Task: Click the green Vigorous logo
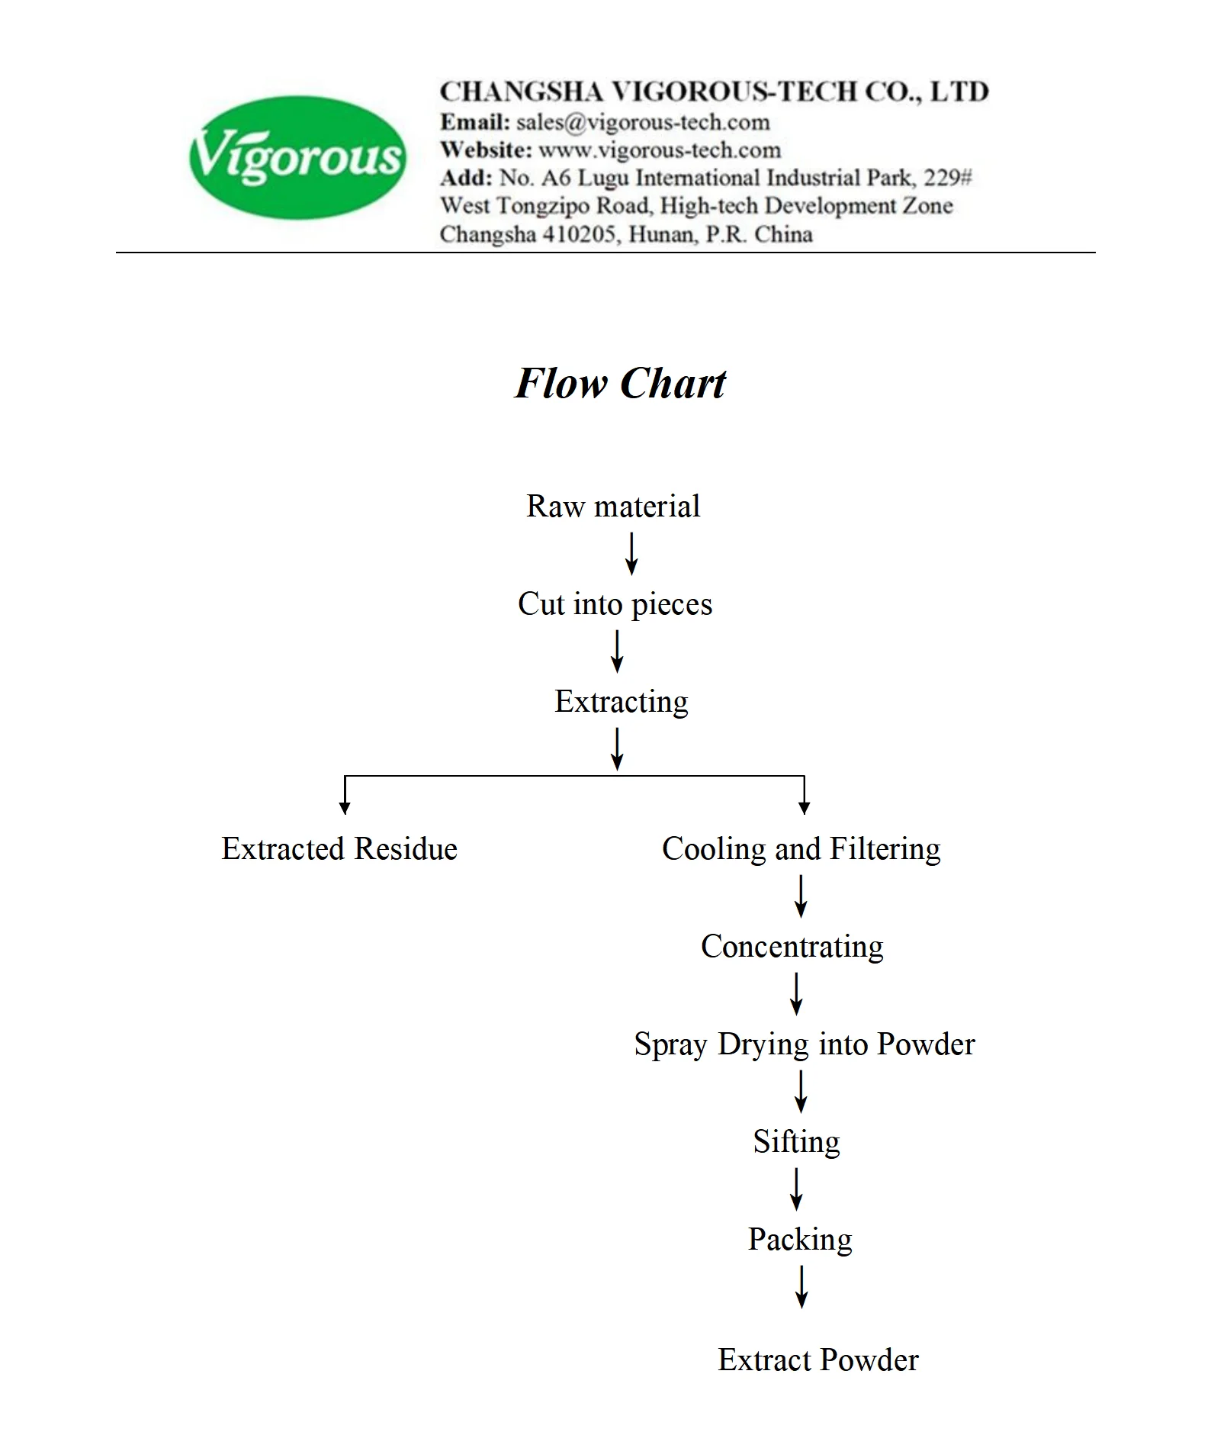click(297, 157)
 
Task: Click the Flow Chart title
click(620, 383)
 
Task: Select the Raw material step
click(613, 507)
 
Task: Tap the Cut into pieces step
click(615, 604)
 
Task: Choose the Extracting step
click(621, 702)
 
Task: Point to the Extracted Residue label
click(339, 849)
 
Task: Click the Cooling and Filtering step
click(801, 849)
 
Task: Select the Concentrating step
click(792, 947)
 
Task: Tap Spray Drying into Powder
click(804, 1044)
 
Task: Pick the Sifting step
click(796, 1142)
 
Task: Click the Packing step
click(799, 1240)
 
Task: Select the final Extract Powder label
click(818, 1360)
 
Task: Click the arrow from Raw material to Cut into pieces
click(631, 554)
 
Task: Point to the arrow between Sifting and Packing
click(797, 1189)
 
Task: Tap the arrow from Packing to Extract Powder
click(801, 1287)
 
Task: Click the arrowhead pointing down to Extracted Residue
click(345, 807)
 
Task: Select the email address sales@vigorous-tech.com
click(643, 122)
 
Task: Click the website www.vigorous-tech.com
click(660, 150)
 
